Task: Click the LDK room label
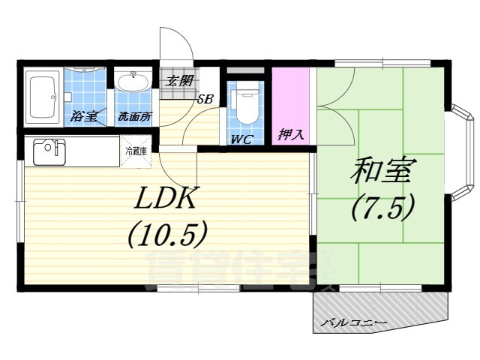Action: (166, 199)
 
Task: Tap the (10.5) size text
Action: (166, 236)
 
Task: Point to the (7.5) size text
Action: (382, 208)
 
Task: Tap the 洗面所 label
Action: (133, 117)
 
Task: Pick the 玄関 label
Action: (178, 80)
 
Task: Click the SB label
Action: (205, 98)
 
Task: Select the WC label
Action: (241, 139)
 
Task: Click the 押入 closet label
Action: (290, 136)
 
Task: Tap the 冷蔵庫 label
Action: (136, 151)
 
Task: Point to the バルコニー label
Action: (353, 322)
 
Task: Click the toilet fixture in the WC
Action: (244, 105)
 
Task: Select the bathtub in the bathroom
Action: (43, 96)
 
